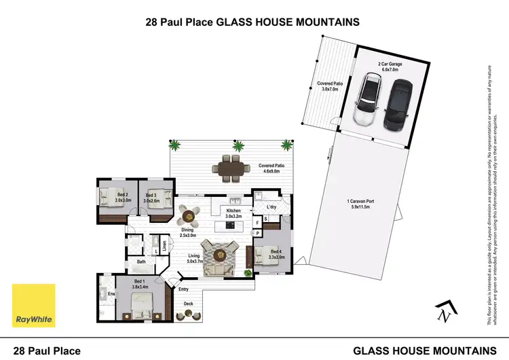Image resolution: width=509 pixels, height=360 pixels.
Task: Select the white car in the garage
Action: coord(368,101)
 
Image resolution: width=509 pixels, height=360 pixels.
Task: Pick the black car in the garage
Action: coord(398,105)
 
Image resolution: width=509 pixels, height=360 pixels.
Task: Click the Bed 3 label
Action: coord(151,198)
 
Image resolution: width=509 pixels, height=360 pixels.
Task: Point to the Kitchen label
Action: coord(233,214)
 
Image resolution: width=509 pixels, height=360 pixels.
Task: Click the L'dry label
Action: coord(271,206)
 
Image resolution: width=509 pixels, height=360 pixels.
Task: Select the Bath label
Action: coord(141,262)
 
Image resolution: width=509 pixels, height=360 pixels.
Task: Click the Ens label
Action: coord(103,294)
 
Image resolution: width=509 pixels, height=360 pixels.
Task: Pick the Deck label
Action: coord(189,304)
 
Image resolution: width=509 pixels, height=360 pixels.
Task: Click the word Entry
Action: coord(183,289)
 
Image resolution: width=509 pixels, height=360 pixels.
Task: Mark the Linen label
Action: coord(164,242)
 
